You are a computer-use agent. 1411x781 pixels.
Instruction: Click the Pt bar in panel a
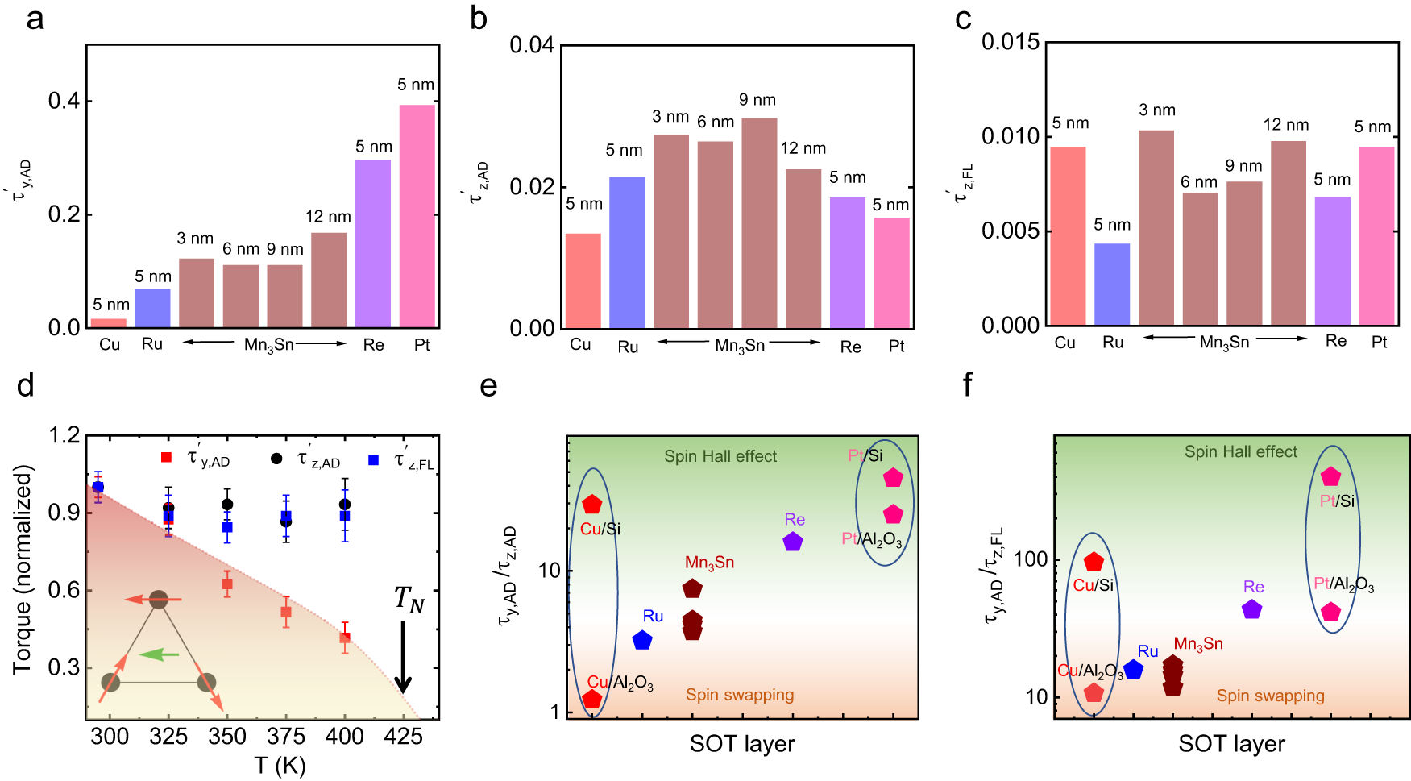coord(417,216)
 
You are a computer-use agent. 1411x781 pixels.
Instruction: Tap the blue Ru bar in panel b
coord(627,252)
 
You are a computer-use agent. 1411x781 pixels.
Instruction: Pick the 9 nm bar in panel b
coord(759,223)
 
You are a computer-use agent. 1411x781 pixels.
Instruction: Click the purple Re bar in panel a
coord(373,243)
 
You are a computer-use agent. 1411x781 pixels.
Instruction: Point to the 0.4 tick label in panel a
coord(64,102)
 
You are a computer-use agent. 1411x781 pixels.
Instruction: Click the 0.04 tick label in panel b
coord(532,45)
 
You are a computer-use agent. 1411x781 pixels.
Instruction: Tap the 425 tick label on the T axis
coord(403,737)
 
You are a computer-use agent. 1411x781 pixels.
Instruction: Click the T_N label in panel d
coord(409,600)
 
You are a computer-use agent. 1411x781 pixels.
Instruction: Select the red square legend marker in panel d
coord(167,457)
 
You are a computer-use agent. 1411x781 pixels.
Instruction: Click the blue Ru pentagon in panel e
coord(642,641)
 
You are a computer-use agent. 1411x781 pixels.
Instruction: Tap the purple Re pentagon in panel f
coord(1251,610)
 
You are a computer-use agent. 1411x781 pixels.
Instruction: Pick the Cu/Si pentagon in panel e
coord(592,505)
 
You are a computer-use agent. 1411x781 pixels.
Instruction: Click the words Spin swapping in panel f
coord(1270,696)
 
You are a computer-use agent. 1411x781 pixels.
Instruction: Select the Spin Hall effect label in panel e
coord(720,456)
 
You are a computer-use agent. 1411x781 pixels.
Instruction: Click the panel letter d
coord(26,386)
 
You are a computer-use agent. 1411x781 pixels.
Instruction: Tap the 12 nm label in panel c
coord(1286,125)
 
